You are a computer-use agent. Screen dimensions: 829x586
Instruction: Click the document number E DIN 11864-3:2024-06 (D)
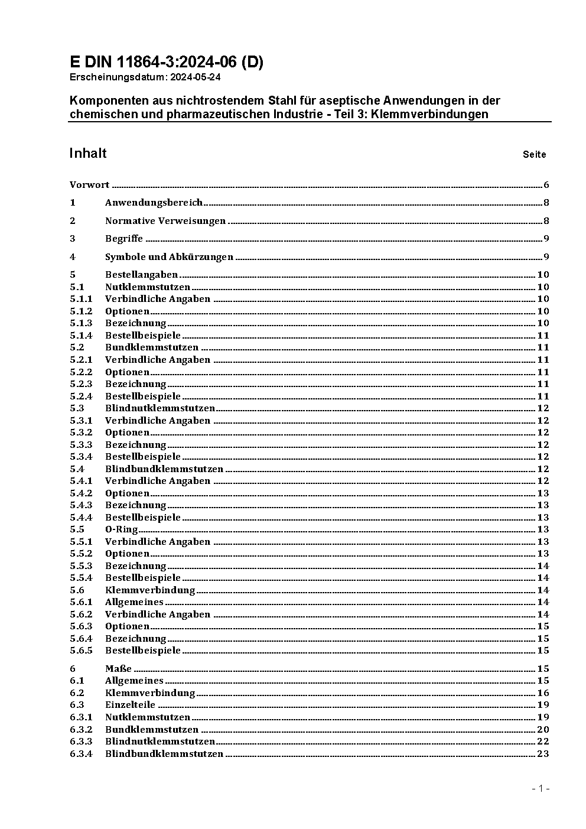click(166, 62)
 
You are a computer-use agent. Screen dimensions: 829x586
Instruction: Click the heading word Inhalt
click(88, 154)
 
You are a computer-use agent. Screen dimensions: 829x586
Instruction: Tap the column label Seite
click(534, 155)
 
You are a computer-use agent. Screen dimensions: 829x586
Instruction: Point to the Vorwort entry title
click(89, 185)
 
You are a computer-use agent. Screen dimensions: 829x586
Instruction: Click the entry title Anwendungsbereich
click(154, 203)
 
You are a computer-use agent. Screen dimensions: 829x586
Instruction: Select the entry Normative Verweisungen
click(165, 221)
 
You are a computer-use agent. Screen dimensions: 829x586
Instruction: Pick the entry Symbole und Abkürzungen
click(169, 257)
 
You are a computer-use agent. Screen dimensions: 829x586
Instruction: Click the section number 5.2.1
click(81, 360)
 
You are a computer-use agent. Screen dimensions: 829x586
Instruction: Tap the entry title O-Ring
click(121, 529)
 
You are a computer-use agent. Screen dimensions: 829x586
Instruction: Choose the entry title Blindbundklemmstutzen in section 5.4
click(164, 469)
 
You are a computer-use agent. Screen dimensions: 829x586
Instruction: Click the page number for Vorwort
click(546, 185)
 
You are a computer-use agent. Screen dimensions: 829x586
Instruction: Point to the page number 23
click(543, 753)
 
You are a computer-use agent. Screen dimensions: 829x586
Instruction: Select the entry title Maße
click(118, 669)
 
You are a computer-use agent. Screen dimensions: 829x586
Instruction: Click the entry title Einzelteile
click(130, 705)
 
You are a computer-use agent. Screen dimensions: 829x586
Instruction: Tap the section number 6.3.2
click(81, 730)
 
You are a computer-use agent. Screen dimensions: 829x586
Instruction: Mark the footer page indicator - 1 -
click(541, 788)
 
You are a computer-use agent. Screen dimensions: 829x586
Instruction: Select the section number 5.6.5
click(81, 651)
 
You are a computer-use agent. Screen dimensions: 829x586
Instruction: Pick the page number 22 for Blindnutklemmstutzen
click(543, 742)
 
